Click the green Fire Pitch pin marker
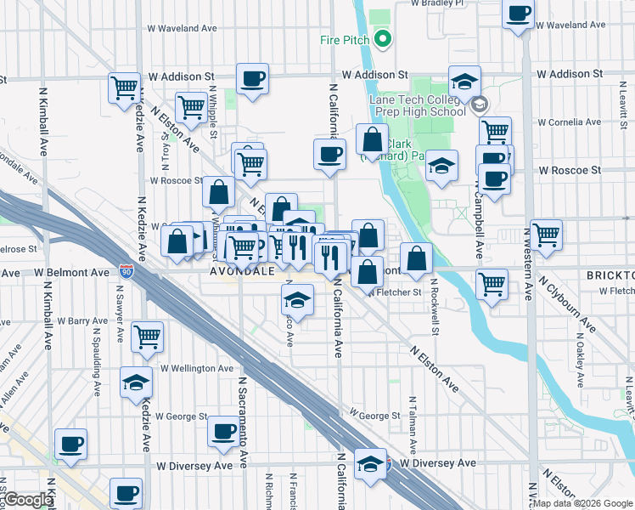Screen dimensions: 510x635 [x=382, y=38]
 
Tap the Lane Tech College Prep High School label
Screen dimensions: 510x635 [x=418, y=105]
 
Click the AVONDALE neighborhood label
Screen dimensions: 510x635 [x=241, y=272]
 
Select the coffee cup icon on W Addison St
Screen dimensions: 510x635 [x=252, y=80]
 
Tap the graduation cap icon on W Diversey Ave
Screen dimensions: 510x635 [x=369, y=464]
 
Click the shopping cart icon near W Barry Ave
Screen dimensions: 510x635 [x=148, y=337]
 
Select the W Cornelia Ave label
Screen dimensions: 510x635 [x=570, y=122]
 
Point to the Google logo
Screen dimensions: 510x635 [x=28, y=500]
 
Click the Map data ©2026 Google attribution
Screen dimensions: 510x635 [x=582, y=503]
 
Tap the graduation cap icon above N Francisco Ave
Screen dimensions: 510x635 [x=295, y=300]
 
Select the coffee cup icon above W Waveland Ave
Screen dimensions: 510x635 [x=518, y=14]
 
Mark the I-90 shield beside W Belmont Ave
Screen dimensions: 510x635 [x=126, y=271]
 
